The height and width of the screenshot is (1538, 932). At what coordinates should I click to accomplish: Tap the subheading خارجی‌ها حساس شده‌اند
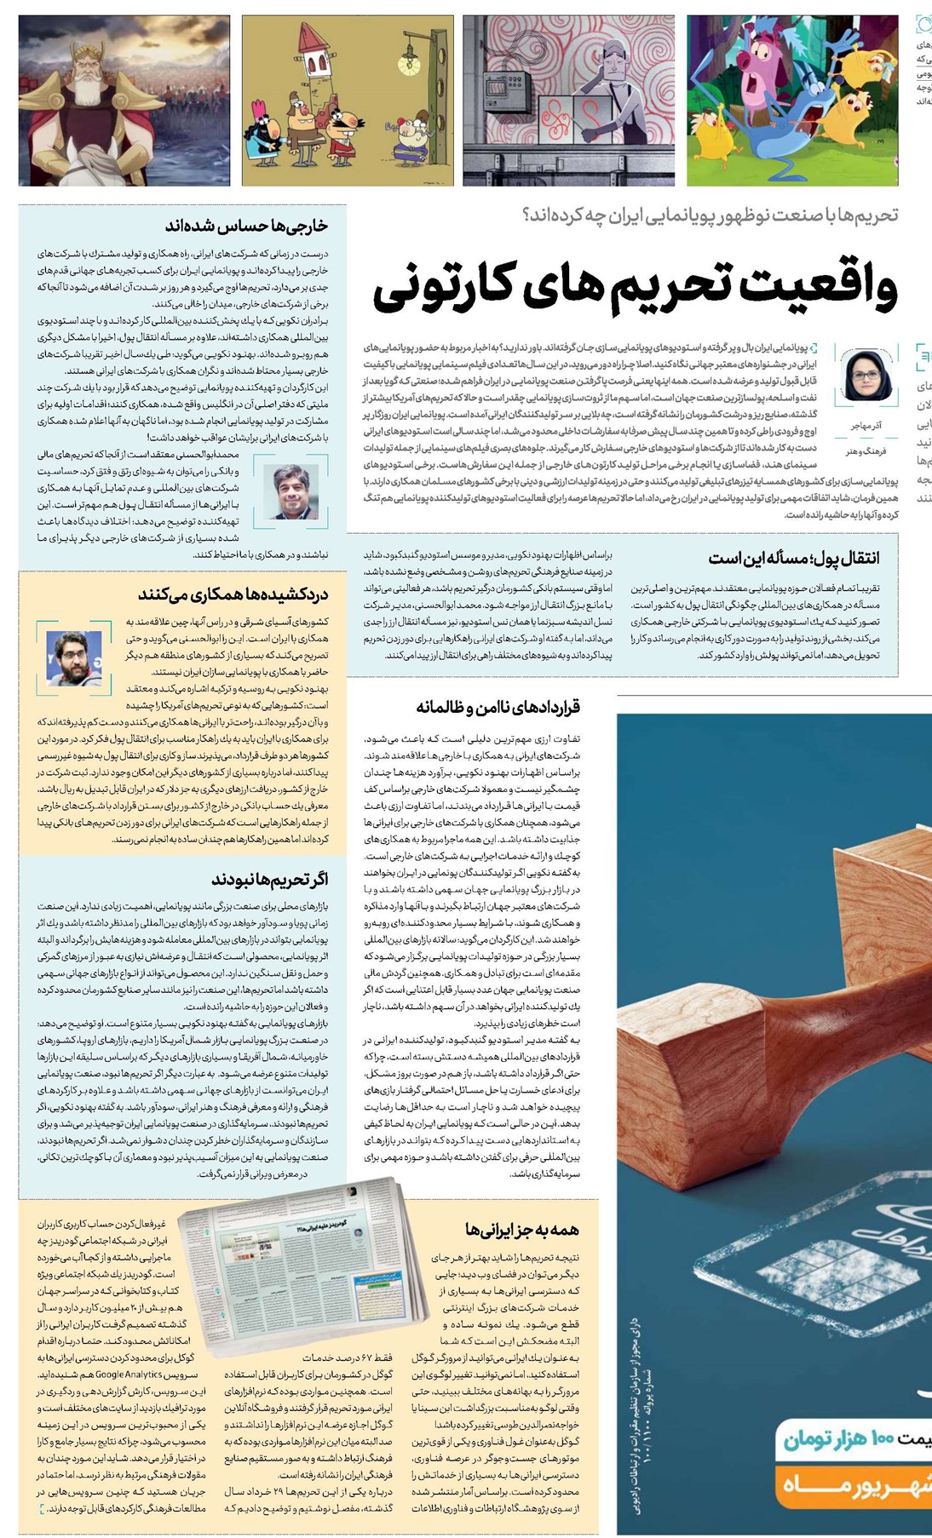point(246,227)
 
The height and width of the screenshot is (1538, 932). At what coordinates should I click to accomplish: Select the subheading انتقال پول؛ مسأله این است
point(794,559)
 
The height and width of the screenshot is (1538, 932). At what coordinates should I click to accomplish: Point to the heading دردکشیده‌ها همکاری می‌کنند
point(233,594)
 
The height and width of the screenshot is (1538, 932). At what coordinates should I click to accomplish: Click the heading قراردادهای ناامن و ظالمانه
point(498,707)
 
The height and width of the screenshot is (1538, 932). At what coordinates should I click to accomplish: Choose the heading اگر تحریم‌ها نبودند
point(269,880)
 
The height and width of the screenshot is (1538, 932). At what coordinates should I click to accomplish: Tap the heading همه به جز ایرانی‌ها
point(522,1229)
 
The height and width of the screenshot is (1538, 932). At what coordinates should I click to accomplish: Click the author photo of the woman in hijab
point(867,375)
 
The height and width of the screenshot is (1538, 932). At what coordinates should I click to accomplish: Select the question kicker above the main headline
point(710,215)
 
